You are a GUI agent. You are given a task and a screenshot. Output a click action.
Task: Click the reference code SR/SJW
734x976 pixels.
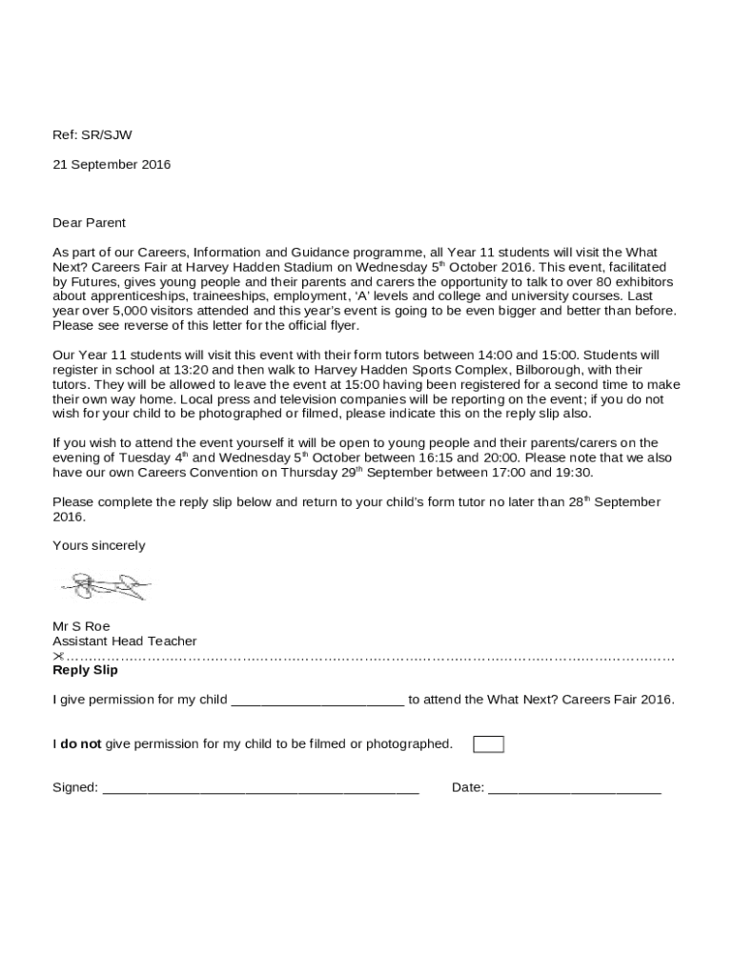[107, 135]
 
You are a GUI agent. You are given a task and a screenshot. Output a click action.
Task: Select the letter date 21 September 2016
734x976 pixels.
[112, 165]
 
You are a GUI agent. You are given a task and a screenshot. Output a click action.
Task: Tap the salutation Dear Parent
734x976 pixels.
[89, 223]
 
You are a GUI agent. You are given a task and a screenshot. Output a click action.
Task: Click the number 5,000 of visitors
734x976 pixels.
[129, 311]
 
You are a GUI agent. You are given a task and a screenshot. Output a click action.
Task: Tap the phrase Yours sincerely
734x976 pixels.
[99, 546]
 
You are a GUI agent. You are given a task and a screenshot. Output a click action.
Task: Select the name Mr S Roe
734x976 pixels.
[81, 626]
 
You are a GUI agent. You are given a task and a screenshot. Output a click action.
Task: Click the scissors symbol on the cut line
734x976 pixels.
[58, 657]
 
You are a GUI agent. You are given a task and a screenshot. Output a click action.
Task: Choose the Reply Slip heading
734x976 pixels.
[85, 670]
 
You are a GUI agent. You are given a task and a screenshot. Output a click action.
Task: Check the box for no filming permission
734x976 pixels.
[488, 744]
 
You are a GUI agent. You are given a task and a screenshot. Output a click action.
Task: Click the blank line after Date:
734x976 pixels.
[574, 789]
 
